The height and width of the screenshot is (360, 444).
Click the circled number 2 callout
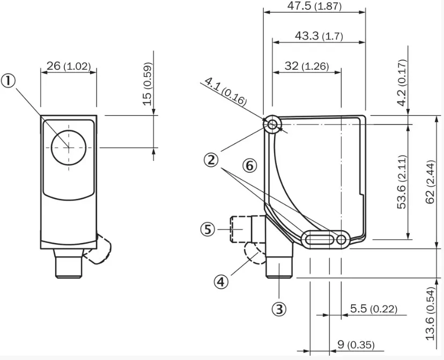(211, 159)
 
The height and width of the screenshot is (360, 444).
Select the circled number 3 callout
(279, 309)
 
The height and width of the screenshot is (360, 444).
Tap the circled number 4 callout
(221, 281)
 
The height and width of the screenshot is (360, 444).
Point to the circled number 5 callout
(208, 230)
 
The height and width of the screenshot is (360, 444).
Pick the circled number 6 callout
(249, 166)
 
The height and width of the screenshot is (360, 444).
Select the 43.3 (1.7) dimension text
(319, 36)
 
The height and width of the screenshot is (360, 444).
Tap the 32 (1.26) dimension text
(306, 66)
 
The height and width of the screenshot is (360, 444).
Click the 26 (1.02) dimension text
(68, 66)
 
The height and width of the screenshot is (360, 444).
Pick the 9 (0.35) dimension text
(356, 344)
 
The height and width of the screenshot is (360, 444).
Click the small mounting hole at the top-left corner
(272, 125)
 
